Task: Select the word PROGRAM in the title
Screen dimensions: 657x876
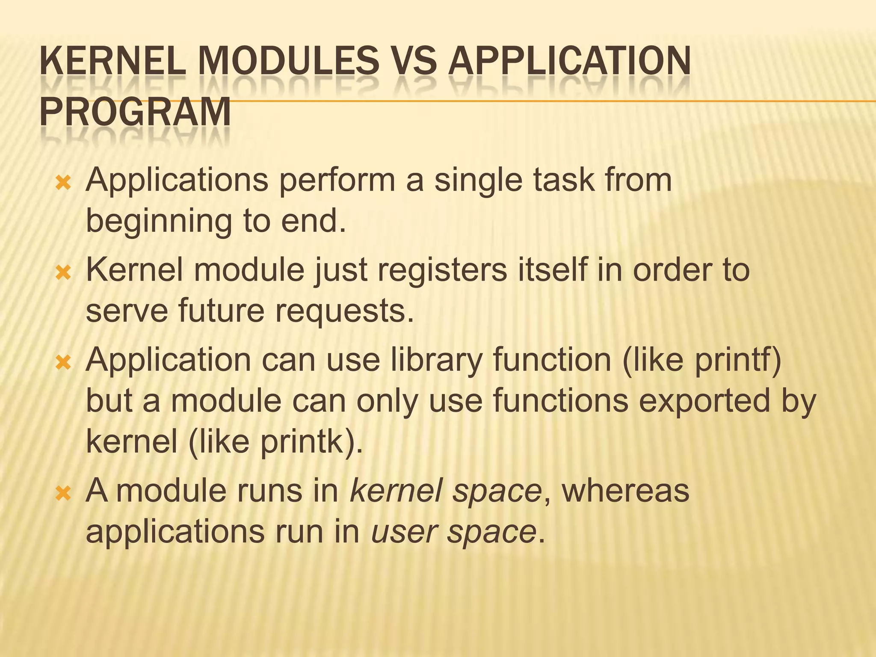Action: tap(135, 112)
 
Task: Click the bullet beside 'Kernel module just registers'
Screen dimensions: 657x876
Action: tap(63, 273)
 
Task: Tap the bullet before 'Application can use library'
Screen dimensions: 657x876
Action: tap(63, 363)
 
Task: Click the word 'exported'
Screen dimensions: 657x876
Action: tap(704, 402)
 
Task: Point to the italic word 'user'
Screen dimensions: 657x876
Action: tap(404, 533)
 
